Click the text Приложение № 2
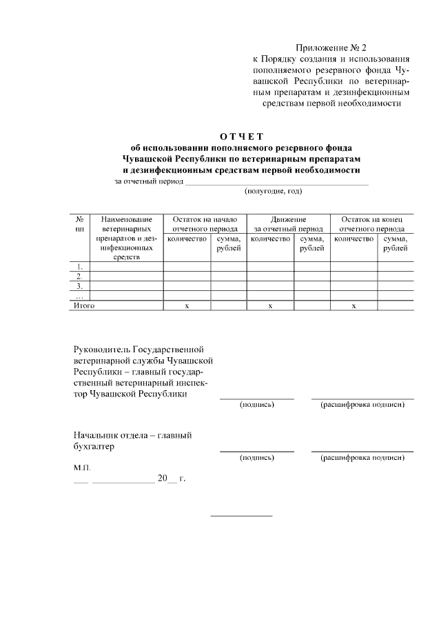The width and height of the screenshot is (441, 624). [x=332, y=48]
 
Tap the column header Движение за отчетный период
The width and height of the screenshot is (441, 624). [x=288, y=223]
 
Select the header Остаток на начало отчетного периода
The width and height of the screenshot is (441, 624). [x=205, y=223]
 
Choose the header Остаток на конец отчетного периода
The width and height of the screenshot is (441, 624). [x=372, y=223]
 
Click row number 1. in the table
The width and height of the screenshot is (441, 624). [x=79, y=266]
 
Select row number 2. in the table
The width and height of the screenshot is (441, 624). [x=79, y=276]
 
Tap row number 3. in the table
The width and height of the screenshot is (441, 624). [x=79, y=285]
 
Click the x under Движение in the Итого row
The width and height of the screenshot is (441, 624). [x=271, y=305]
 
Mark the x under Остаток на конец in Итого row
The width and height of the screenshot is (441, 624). [x=353, y=305]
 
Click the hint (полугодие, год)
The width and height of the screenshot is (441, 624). [x=274, y=191]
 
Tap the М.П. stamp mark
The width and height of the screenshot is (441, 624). [x=82, y=467]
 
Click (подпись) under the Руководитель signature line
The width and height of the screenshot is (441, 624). [x=257, y=404]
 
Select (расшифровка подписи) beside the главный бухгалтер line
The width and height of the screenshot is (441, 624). [x=362, y=457]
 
